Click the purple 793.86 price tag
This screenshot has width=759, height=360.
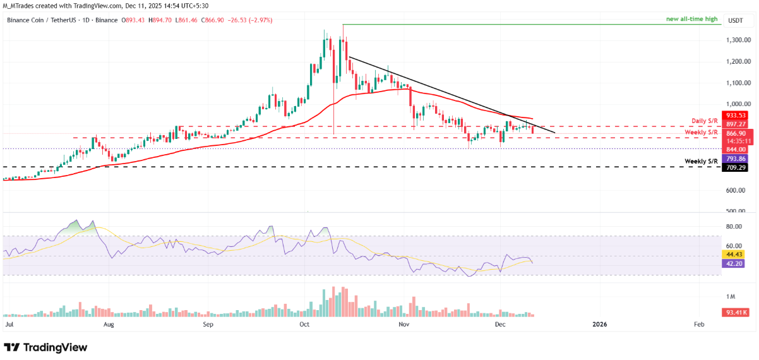[x=736, y=159]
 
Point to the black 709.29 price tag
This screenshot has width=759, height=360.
[x=736, y=169]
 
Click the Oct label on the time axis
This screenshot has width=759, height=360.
[x=304, y=324]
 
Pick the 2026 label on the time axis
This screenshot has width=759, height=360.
[x=599, y=324]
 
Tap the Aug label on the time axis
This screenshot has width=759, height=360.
[x=109, y=324]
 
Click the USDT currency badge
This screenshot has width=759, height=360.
[x=736, y=20]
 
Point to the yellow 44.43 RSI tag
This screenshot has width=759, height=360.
[x=736, y=254]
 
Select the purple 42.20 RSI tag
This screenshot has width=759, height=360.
[x=736, y=263]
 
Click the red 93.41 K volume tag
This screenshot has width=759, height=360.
[x=736, y=312]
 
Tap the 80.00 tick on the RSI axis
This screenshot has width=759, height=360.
[x=734, y=226]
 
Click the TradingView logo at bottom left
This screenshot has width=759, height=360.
[x=45, y=347]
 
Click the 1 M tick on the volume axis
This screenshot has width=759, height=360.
[x=731, y=297]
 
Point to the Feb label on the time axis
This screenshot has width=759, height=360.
[x=699, y=324]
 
